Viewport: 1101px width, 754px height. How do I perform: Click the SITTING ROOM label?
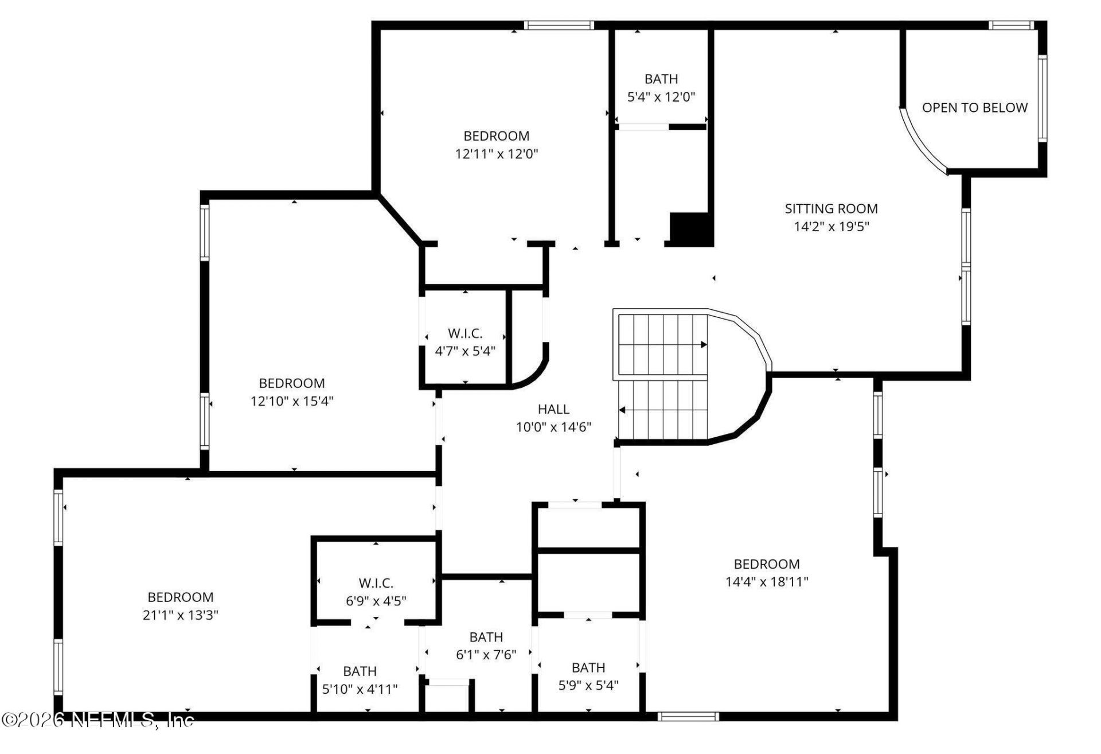[x=831, y=209]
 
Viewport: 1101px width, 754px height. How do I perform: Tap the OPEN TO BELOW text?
[x=974, y=108]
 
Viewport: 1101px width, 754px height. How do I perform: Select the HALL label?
[x=553, y=409]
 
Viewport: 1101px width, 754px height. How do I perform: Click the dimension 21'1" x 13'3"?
[x=180, y=615]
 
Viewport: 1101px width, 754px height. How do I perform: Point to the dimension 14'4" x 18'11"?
[x=767, y=582]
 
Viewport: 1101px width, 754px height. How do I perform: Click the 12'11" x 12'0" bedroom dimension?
[x=497, y=154]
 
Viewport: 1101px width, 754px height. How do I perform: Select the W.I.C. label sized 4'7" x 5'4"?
[x=465, y=333]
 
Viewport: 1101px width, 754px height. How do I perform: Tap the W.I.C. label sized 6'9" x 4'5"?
[x=376, y=584]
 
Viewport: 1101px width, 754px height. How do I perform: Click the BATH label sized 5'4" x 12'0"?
[x=661, y=79]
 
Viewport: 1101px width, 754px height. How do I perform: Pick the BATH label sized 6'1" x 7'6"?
[x=486, y=637]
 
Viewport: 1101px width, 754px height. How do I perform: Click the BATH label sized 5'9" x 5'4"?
[x=588, y=668]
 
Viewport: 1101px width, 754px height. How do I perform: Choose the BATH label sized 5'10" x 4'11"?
[x=360, y=671]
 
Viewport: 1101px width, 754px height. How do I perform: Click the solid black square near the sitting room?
[x=692, y=229]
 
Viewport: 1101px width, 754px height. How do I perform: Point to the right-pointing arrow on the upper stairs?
[x=703, y=345]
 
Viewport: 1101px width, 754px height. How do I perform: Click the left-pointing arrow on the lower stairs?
[x=622, y=410]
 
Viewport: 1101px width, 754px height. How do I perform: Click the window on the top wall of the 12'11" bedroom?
[x=559, y=25]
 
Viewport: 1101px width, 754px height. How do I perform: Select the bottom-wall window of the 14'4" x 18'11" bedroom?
[x=688, y=716]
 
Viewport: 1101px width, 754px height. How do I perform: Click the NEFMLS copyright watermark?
[x=97, y=720]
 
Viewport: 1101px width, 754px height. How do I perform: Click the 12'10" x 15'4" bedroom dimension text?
[x=292, y=401]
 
